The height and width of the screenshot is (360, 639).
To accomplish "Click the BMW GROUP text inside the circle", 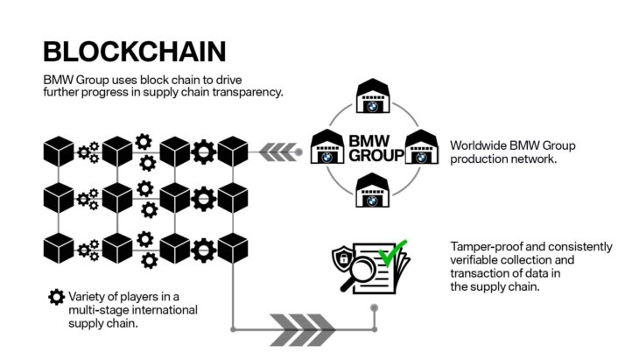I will tap(376, 148).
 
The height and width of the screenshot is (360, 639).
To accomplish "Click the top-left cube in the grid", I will tap(59, 152).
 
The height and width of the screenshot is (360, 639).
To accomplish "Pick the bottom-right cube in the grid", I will tap(232, 249).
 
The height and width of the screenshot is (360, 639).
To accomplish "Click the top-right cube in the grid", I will tap(232, 152).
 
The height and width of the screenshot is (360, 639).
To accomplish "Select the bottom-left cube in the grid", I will tap(59, 249).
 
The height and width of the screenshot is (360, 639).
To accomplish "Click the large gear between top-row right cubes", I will tap(203, 152).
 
